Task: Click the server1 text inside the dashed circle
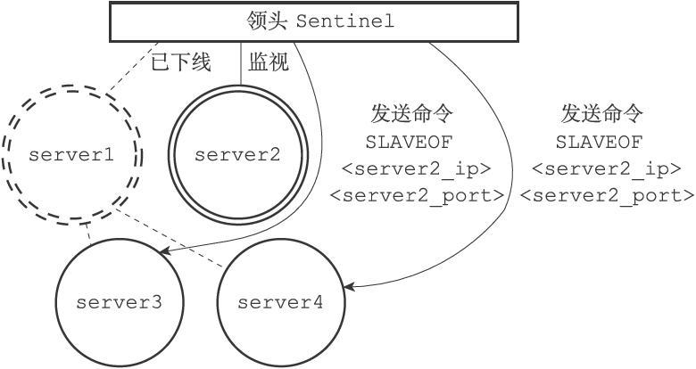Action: [x=71, y=154]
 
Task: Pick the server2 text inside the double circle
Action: [x=237, y=154]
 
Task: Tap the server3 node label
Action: [x=119, y=302]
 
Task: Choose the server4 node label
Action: [x=280, y=302]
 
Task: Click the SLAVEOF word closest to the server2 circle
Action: [x=410, y=142]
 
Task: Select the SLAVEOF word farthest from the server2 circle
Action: [x=601, y=142]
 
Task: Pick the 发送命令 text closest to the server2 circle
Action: [x=411, y=114]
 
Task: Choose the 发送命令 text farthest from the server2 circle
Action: [x=601, y=114]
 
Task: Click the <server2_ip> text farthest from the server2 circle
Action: [x=607, y=168]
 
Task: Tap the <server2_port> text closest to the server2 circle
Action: [x=417, y=194]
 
